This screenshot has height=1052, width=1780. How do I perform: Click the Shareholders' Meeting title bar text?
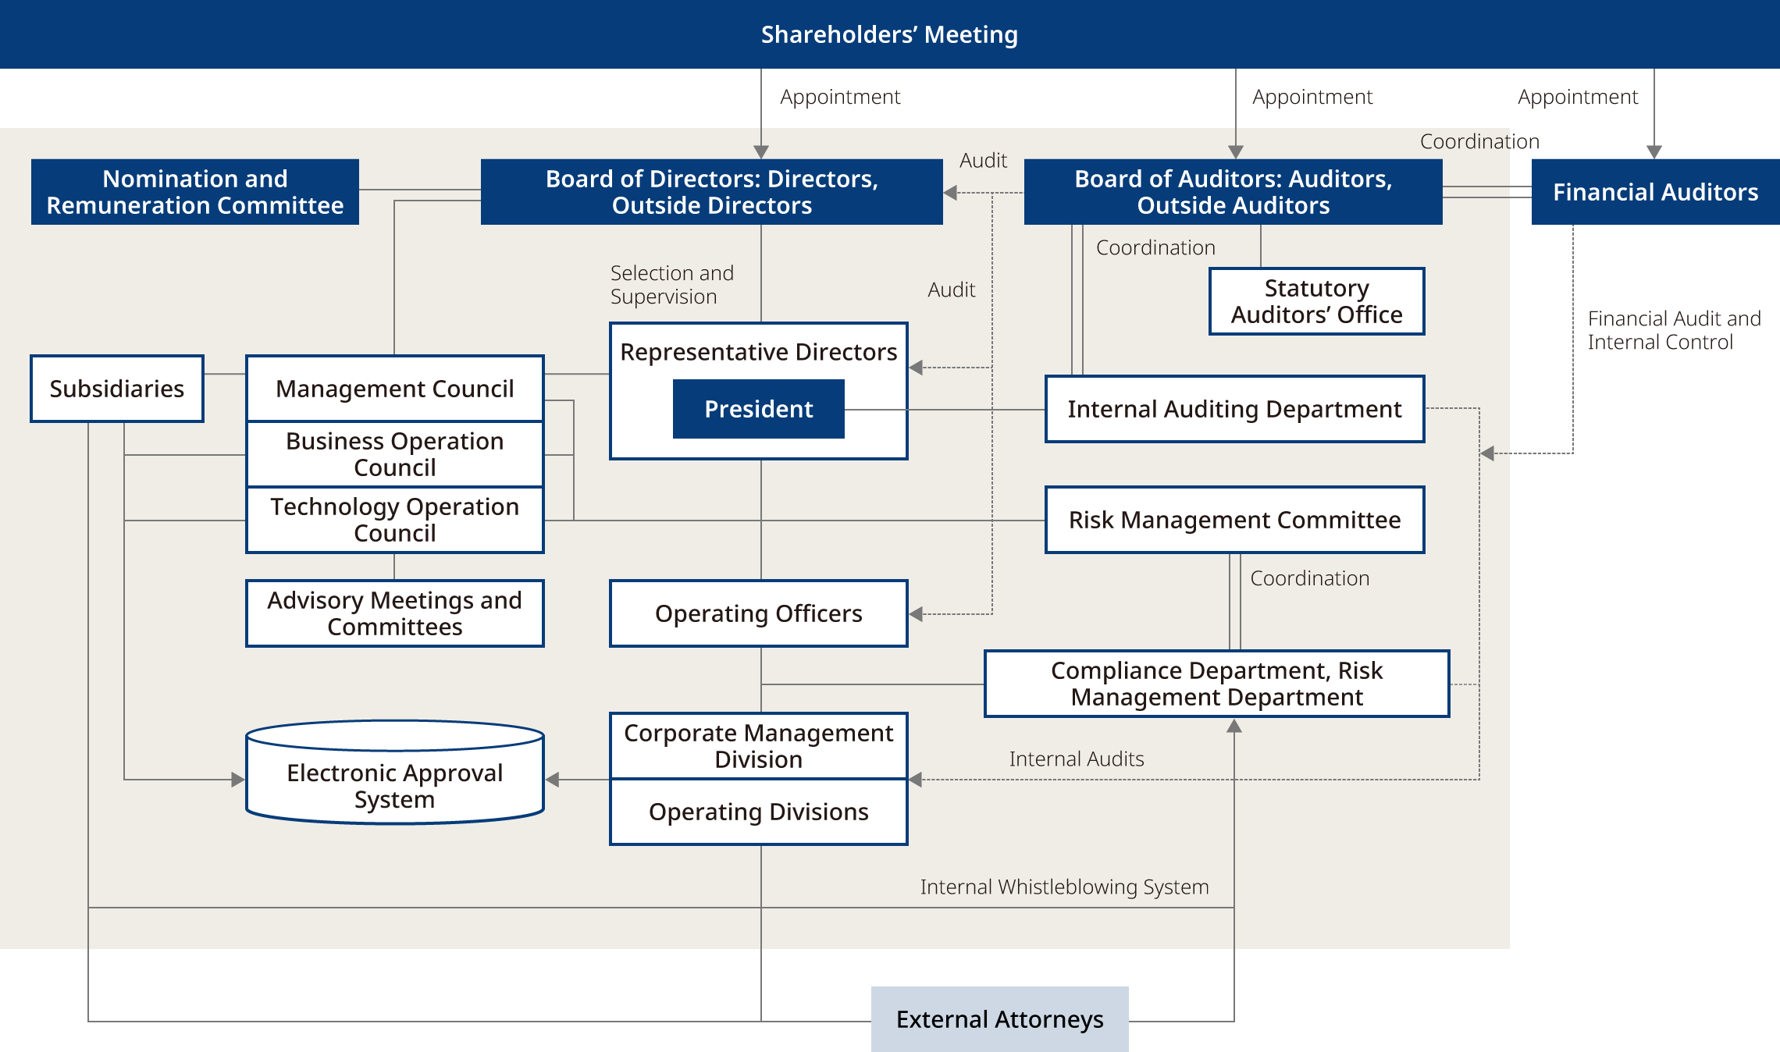(889, 34)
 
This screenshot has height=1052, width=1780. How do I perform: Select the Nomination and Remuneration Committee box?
(195, 192)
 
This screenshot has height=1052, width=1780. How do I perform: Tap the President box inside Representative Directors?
(758, 409)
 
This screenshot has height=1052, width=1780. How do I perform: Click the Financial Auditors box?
(1655, 192)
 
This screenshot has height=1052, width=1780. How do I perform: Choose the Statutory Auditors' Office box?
(1316, 301)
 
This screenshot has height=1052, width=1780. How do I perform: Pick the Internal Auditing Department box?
(1234, 409)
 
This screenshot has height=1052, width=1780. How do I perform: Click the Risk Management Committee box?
(1234, 520)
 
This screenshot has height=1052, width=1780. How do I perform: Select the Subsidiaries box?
(117, 389)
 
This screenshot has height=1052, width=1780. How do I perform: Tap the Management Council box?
(394, 389)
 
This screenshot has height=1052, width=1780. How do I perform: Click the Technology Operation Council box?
(394, 520)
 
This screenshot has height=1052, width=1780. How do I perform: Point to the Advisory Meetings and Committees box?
(394, 613)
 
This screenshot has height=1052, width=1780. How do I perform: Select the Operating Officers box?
(758, 613)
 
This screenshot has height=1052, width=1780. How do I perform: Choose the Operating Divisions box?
(758, 812)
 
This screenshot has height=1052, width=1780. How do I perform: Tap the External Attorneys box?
(999, 1019)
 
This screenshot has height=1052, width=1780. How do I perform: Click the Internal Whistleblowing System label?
(1064, 887)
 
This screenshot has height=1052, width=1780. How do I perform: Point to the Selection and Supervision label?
(671, 285)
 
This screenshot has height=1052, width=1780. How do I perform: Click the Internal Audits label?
(1076, 759)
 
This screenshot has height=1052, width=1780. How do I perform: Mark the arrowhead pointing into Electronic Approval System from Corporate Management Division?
(553, 780)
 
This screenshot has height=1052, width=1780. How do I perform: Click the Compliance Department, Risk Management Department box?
(1216, 684)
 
